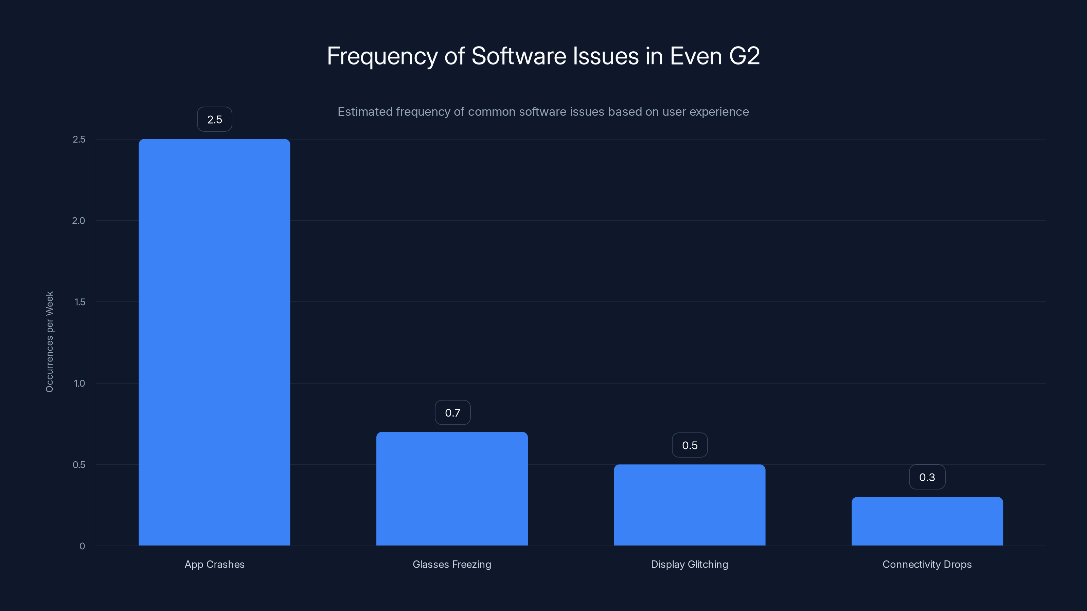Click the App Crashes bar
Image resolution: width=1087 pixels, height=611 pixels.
(214, 342)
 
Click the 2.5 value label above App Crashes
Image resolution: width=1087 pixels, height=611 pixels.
(214, 119)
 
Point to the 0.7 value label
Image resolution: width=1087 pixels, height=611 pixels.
(452, 412)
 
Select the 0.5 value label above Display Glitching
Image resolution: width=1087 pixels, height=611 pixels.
(690, 445)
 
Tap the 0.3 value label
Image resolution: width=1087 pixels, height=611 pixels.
(927, 477)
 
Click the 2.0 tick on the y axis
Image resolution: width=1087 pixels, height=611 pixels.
(78, 221)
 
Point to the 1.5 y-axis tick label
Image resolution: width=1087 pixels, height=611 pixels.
(79, 302)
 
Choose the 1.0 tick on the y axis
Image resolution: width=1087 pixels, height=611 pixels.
(79, 383)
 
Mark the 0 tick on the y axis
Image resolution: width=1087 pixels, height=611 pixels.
(82, 546)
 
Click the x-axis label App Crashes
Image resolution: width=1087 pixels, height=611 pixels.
(214, 564)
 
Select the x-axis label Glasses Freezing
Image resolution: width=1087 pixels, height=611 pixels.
(452, 564)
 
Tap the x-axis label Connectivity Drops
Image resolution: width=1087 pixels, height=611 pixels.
(927, 564)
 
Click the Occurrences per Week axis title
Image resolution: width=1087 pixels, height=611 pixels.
(49, 341)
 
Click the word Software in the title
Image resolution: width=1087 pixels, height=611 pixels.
(519, 56)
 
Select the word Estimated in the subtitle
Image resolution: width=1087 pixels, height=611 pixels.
(365, 112)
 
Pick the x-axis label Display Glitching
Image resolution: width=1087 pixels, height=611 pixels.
(690, 564)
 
